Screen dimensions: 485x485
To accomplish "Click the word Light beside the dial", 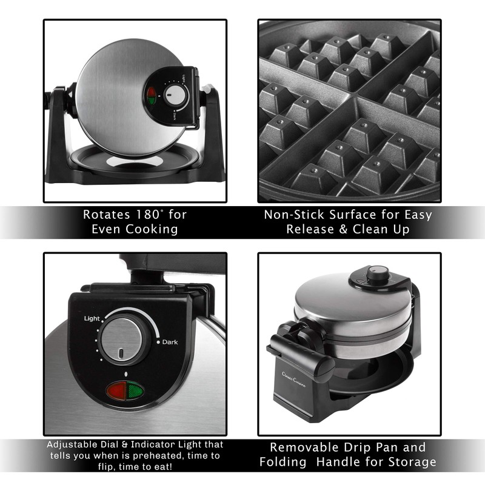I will tap(92, 318).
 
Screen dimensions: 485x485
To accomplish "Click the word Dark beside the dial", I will tap(170, 342).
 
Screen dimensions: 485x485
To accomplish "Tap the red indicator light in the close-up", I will tap(117, 391).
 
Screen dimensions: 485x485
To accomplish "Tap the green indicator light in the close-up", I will tap(135, 391).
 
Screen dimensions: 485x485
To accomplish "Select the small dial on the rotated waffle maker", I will tap(175, 96).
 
